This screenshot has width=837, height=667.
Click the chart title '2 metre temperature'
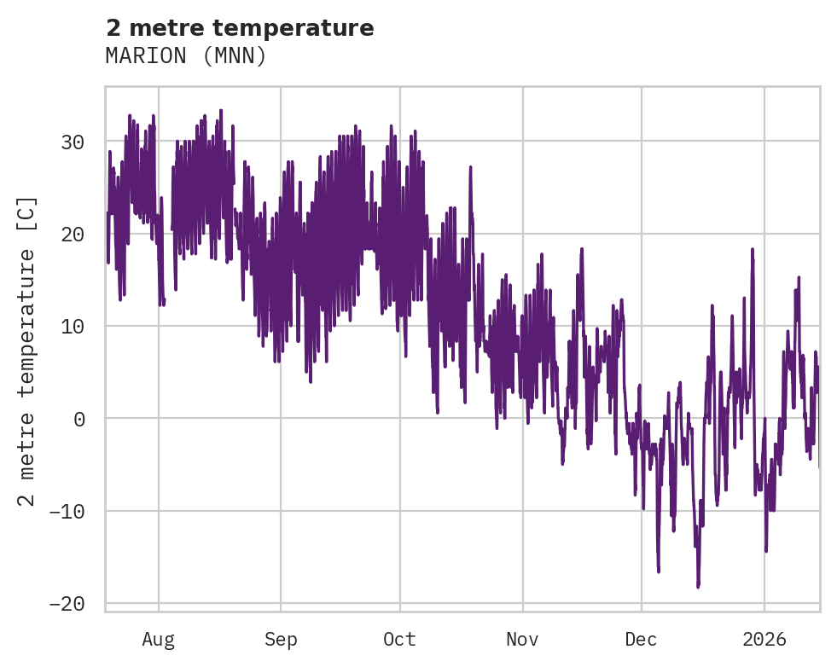pos(240,28)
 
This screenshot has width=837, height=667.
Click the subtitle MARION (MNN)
pos(186,55)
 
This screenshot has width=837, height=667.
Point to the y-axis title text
pos(27,351)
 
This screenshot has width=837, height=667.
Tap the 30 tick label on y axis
pos(72,142)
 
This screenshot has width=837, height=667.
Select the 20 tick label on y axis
pos(72,234)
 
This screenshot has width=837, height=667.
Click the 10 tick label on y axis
pos(72,326)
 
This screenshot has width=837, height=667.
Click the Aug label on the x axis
pos(158,640)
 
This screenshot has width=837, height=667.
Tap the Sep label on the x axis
pos(280,640)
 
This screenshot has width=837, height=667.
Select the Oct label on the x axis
pos(399,640)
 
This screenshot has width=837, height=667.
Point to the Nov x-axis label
pos(522,640)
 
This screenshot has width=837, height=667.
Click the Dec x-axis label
pos(641,640)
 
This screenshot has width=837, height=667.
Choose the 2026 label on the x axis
pos(764,640)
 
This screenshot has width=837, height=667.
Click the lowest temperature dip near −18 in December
pos(698,586)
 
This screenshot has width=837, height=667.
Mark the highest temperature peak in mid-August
pos(221,111)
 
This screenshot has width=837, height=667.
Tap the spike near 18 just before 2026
pos(753,250)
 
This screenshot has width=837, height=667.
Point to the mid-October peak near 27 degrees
pos(470,167)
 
